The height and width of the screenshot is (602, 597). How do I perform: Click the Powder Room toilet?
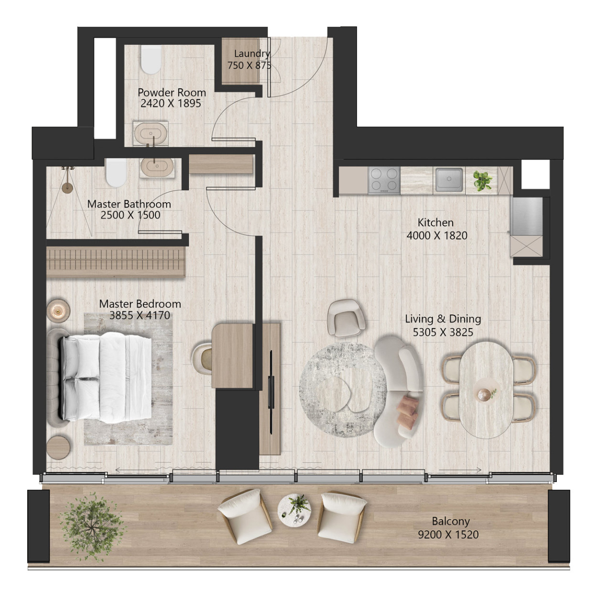tap(151, 60)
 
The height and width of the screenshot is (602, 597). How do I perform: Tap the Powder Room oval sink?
tap(151, 133)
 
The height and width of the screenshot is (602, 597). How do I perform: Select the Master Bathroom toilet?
tap(116, 173)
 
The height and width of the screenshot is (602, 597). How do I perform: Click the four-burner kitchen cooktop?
tap(384, 180)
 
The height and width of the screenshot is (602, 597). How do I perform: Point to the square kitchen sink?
tap(449, 180)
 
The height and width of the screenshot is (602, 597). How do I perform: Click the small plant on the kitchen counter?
tap(482, 180)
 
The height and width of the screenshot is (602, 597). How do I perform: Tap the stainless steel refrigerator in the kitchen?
tap(526, 216)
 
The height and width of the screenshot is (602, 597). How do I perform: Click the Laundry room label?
tap(251, 54)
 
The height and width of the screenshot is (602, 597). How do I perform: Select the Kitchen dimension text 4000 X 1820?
tap(437, 236)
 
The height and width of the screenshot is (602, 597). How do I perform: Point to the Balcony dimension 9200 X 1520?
tap(448, 534)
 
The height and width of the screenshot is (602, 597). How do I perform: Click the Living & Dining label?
tap(443, 319)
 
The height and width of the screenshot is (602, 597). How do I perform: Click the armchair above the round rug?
tap(346, 318)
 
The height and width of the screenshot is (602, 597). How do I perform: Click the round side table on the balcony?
tap(294, 511)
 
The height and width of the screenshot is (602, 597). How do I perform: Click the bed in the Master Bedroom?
tap(106, 377)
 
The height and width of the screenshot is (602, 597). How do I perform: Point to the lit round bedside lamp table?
tap(58, 310)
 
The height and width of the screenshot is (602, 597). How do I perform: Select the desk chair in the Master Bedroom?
tap(202, 358)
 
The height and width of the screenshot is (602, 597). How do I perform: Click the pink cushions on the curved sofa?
tap(408, 410)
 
